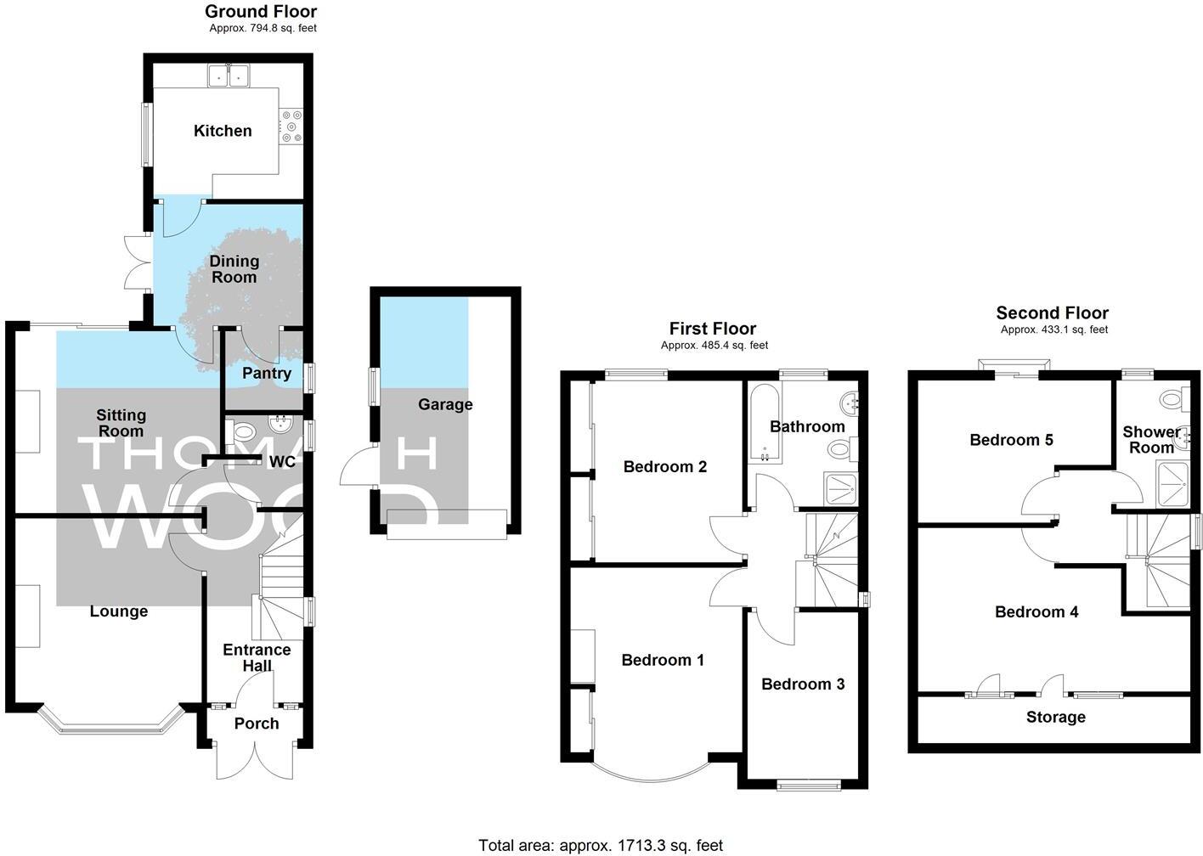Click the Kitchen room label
pyautogui.click(x=223, y=131)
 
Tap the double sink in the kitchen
pyautogui.click(x=229, y=76)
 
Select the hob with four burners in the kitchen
pyautogui.click(x=291, y=127)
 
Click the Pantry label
pyautogui.click(x=266, y=373)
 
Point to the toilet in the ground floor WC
pyautogui.click(x=243, y=431)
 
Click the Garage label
pyautogui.click(x=445, y=404)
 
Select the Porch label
pyautogui.click(x=256, y=724)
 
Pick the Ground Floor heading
pyautogui.click(x=261, y=12)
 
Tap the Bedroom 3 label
pyautogui.click(x=803, y=684)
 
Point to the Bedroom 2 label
pyautogui.click(x=664, y=466)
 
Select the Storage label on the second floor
pyautogui.click(x=1055, y=718)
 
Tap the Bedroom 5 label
pyautogui.click(x=1011, y=440)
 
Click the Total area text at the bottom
pyautogui.click(x=601, y=845)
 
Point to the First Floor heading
pyautogui.click(x=712, y=329)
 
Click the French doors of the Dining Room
pyautogui.click(x=134, y=262)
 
